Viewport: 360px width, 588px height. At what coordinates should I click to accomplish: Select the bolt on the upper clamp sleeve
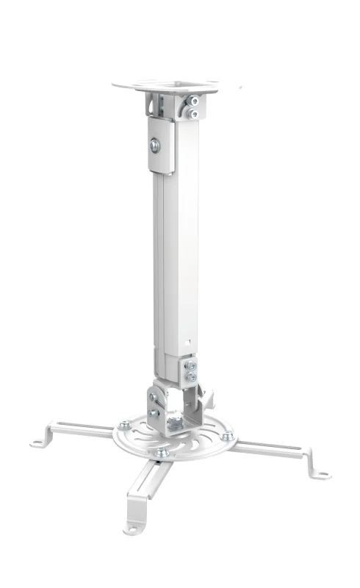[156, 146]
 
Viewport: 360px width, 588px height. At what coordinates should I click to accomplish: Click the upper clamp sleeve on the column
[162, 147]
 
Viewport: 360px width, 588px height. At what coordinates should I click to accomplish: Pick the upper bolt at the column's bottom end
[191, 366]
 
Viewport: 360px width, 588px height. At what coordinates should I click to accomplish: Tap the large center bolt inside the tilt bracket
[176, 423]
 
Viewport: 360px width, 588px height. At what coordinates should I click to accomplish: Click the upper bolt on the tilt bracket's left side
[153, 397]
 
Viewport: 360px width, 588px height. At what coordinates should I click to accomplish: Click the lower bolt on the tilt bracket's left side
[154, 413]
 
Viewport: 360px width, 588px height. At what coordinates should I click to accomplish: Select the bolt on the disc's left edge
[125, 424]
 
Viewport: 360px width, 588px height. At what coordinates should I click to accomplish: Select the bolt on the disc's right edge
[228, 436]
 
